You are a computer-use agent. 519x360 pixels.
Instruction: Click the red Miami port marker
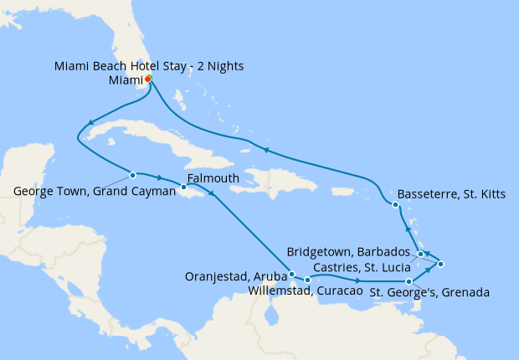[x=148, y=79]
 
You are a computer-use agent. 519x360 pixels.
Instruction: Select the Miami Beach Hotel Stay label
[x=149, y=66]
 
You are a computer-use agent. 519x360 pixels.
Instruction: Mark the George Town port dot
[x=132, y=175]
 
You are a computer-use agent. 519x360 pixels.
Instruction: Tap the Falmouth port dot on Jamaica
[x=183, y=187]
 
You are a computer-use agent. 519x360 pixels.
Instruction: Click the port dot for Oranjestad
[x=290, y=273]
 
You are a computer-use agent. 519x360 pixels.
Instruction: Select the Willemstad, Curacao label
[x=306, y=291]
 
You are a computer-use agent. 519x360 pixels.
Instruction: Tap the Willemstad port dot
[x=308, y=280]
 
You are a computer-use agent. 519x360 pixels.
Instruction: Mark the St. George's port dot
[x=409, y=282]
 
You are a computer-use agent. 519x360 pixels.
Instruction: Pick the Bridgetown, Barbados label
[x=349, y=251]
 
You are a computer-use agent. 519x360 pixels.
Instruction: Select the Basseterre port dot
[x=393, y=204]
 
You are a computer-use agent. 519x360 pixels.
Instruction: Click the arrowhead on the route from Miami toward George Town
[x=89, y=123]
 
